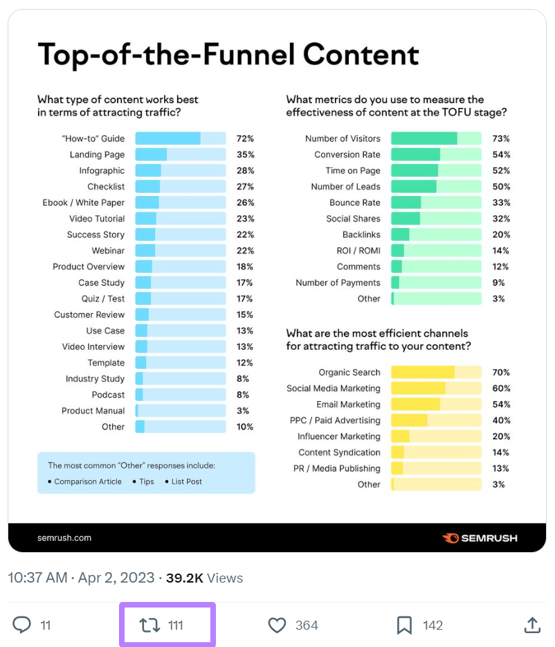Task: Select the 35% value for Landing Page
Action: [245, 154]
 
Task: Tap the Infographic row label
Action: [102, 170]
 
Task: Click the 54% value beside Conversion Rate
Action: [501, 154]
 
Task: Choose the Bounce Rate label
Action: [354, 202]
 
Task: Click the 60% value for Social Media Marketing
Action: [501, 388]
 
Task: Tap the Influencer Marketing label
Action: [338, 436]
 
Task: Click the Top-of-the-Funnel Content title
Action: [228, 54]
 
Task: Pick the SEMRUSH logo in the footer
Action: [480, 538]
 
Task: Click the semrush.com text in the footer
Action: [64, 538]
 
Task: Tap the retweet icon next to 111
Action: [150, 626]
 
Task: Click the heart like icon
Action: [277, 626]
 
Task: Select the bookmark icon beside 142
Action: [404, 626]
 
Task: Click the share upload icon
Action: [531, 626]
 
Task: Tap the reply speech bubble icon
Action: [22, 626]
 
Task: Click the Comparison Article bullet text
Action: [88, 481]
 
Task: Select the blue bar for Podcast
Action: [139, 395]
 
